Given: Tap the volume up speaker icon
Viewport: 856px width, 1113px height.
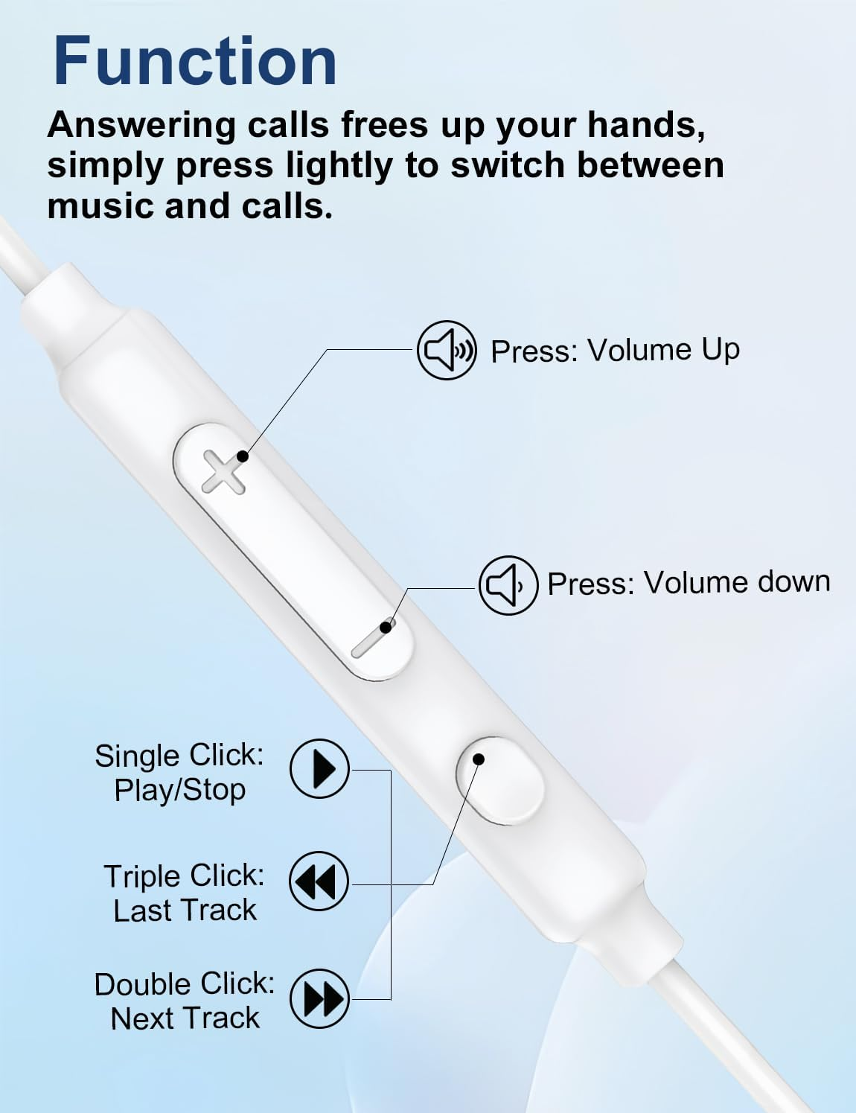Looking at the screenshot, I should [x=446, y=350].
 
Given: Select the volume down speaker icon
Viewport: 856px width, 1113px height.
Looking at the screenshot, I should [x=508, y=585].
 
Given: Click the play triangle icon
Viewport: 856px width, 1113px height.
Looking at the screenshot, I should [x=319, y=768].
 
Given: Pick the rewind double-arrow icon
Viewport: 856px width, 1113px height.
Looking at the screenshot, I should [x=319, y=882].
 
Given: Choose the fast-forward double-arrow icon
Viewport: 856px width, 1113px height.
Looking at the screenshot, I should [x=319, y=998].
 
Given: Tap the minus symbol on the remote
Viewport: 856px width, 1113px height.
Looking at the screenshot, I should [x=372, y=637].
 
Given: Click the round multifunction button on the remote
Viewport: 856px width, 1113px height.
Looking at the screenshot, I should [x=499, y=780].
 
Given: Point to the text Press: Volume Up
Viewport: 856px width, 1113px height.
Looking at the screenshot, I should [x=615, y=350].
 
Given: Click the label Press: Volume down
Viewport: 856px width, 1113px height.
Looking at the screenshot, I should [x=689, y=582].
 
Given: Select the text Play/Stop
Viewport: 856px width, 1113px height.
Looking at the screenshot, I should [x=179, y=790].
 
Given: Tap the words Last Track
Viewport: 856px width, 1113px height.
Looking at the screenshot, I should [x=185, y=911].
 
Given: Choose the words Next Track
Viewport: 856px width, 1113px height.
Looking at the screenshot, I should [x=185, y=1018].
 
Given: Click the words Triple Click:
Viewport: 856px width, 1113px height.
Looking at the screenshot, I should [x=184, y=876].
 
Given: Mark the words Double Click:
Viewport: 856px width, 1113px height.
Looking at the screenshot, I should [x=184, y=984].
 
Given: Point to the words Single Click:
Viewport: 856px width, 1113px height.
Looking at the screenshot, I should [x=179, y=756].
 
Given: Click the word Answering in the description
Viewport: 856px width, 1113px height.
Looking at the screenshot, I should [x=141, y=125].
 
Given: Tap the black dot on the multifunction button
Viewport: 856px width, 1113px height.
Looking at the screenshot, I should [x=479, y=759].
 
